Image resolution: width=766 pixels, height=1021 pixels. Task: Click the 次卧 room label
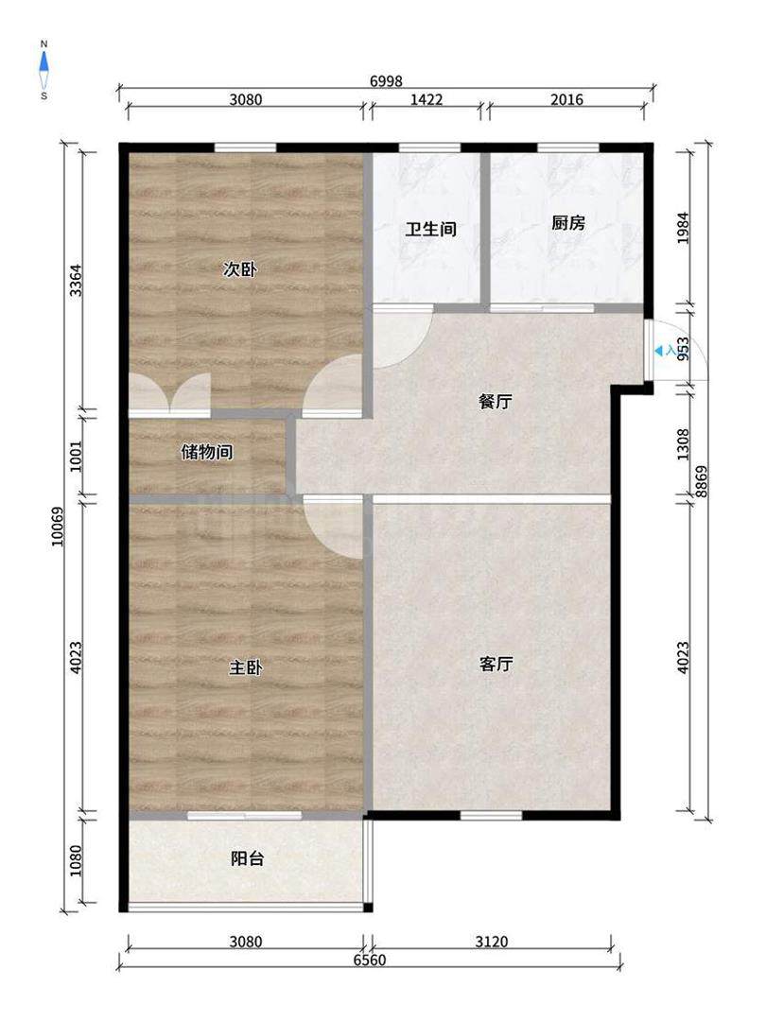coord(239,268)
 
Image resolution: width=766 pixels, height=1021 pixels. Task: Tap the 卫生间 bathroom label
coord(430,229)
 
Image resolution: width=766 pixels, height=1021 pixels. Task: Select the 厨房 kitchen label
coord(568,223)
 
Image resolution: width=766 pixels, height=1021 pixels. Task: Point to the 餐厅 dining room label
coord(495,401)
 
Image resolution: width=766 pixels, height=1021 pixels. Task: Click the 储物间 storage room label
coord(206,451)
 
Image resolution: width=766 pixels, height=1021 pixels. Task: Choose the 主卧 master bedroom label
coord(245,667)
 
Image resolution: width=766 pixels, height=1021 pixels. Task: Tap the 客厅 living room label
coord(496,664)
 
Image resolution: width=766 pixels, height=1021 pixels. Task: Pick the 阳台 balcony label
coord(248,858)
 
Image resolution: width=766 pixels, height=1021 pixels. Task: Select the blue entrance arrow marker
coord(659,351)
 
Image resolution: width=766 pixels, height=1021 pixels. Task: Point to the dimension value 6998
coord(386,81)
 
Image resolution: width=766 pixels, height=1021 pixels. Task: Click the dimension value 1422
coord(427,99)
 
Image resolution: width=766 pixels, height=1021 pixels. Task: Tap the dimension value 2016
coord(566,99)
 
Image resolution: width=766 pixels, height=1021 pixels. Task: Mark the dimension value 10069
coord(59,527)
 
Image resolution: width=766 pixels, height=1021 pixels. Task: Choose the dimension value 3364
coord(77,280)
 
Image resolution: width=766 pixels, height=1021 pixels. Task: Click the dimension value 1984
coord(684,228)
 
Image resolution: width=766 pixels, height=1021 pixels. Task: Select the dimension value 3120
coord(491,942)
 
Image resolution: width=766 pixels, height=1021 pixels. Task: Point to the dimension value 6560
coord(370,960)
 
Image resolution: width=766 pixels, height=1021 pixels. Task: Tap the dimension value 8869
coord(702,482)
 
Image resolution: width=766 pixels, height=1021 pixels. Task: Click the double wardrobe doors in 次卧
coord(169,393)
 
